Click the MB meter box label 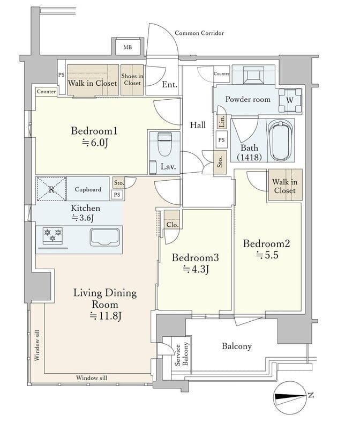[127, 47]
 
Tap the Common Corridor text [199, 33]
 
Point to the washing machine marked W [290, 100]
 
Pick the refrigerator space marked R [51, 189]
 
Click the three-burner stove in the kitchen [52, 235]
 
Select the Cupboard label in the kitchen [88, 189]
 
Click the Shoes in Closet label [132, 79]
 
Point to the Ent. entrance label [169, 85]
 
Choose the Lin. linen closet [222, 121]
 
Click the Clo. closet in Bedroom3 [172, 220]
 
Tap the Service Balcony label [182, 354]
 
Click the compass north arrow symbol [290, 397]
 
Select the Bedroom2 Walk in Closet [285, 186]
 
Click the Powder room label [247, 99]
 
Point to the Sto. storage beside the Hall [220, 162]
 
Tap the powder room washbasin [253, 74]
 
